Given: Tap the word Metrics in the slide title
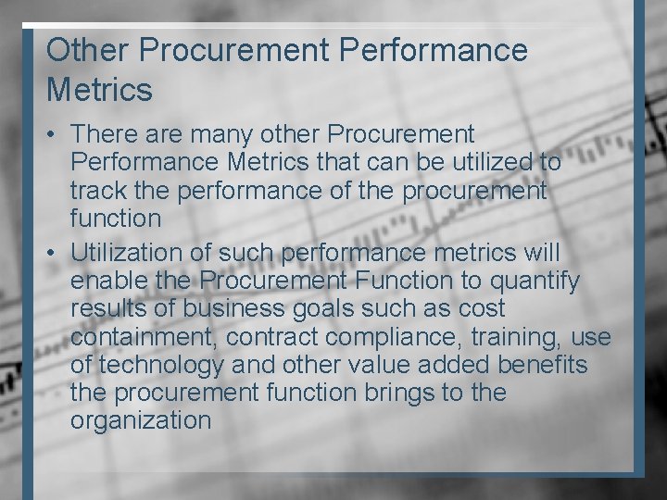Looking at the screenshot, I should [x=99, y=91].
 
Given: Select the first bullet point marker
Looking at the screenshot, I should [x=54, y=135].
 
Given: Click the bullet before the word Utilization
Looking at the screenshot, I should [x=54, y=253].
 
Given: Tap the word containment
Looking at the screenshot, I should [x=142, y=336].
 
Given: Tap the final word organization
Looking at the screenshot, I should [x=140, y=420].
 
